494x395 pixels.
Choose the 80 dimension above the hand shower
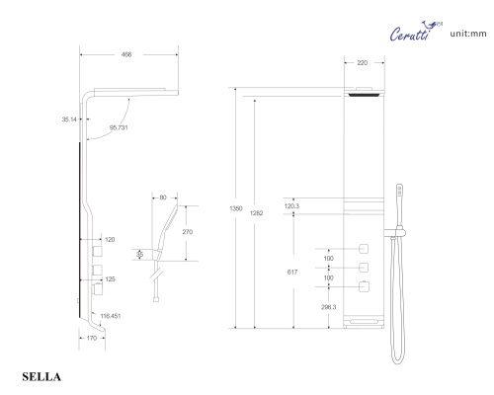pyautogui.click(x=163, y=196)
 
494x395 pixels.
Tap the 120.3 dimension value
pyautogui.click(x=291, y=206)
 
